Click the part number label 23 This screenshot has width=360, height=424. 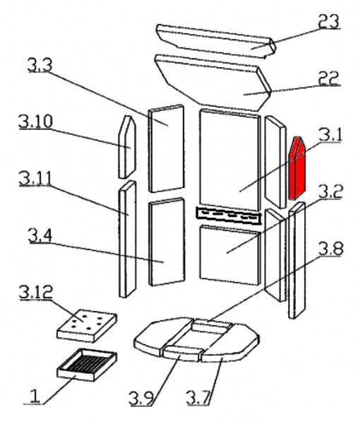point(329,20)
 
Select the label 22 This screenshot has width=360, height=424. point(328,78)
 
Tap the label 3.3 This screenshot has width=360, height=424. point(40,65)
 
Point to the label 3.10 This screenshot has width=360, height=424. point(35,122)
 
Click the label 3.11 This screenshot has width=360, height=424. point(35,178)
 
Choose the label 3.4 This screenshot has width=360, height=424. point(40,235)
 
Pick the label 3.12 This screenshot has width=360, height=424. point(36,291)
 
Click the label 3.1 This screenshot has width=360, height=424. point(330,134)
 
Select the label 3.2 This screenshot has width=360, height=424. point(330,192)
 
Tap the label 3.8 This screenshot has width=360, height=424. point(331,249)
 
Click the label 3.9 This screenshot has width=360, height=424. point(142,398)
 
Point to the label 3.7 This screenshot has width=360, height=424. point(198,398)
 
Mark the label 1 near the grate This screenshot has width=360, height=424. point(35,396)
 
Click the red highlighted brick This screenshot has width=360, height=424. point(296,168)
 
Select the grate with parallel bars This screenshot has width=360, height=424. point(87,365)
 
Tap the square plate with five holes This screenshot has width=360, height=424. point(87,326)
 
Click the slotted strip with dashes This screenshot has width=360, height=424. point(229,216)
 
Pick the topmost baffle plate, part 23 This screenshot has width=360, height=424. point(216,41)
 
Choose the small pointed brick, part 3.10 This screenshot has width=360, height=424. point(127,147)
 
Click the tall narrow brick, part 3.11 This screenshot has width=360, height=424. point(128,239)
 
